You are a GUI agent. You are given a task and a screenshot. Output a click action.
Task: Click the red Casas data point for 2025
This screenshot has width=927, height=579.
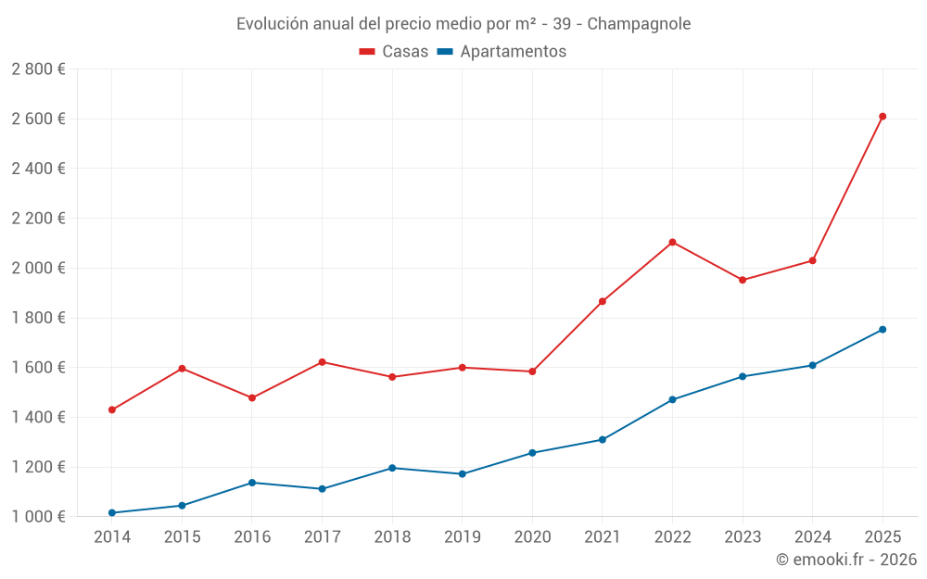click(x=883, y=117)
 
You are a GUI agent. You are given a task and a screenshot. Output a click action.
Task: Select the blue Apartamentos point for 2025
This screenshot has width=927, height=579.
click(x=883, y=330)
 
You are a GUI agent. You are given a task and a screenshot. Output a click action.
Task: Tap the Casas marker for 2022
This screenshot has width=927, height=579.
click(x=672, y=243)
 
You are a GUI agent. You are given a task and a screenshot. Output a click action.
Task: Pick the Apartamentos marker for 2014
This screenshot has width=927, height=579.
click(x=112, y=513)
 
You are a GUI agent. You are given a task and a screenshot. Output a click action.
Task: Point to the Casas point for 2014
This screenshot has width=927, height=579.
click(x=112, y=409)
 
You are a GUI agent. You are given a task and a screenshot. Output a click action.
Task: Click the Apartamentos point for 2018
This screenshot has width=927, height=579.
click(x=392, y=468)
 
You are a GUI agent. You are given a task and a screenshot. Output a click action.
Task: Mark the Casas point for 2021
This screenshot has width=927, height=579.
click(x=603, y=301)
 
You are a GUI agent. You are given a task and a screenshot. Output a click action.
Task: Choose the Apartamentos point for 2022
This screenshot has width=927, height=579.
click(x=672, y=400)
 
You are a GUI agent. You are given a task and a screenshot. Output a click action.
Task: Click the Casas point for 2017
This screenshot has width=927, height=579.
click(x=322, y=362)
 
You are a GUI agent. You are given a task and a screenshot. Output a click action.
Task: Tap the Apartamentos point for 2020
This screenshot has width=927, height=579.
click(x=532, y=453)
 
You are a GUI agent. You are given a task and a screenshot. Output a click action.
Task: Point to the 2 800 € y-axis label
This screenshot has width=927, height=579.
click(x=38, y=69)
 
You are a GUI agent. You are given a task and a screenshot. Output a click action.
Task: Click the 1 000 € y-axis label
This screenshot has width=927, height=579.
click(x=38, y=517)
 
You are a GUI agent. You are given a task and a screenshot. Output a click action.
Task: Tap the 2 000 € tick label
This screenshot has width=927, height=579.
click(x=38, y=268)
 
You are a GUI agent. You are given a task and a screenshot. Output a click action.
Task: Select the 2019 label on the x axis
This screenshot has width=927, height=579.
click(x=462, y=537)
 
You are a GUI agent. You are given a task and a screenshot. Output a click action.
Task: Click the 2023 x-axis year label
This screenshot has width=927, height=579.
click(x=743, y=537)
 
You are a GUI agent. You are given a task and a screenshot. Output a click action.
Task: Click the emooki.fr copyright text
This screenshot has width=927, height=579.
click(x=845, y=560)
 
